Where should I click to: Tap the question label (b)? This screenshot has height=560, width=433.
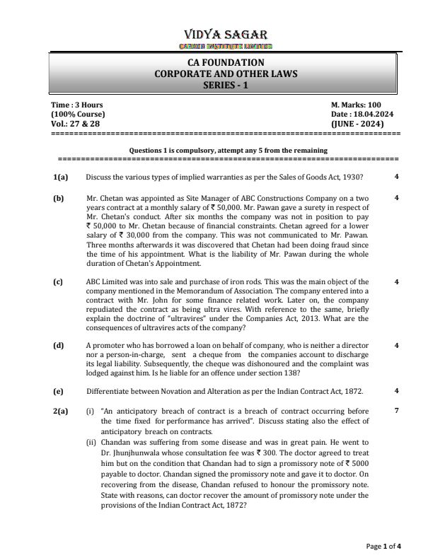(58, 199)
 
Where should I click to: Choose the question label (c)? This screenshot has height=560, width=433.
(58, 282)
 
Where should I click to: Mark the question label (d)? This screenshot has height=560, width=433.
(58, 345)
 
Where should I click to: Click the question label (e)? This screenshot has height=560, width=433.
(58, 390)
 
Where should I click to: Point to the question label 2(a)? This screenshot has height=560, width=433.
(60, 411)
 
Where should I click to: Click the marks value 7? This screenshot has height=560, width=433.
(397, 411)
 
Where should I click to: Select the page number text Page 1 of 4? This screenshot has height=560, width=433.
(384, 546)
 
